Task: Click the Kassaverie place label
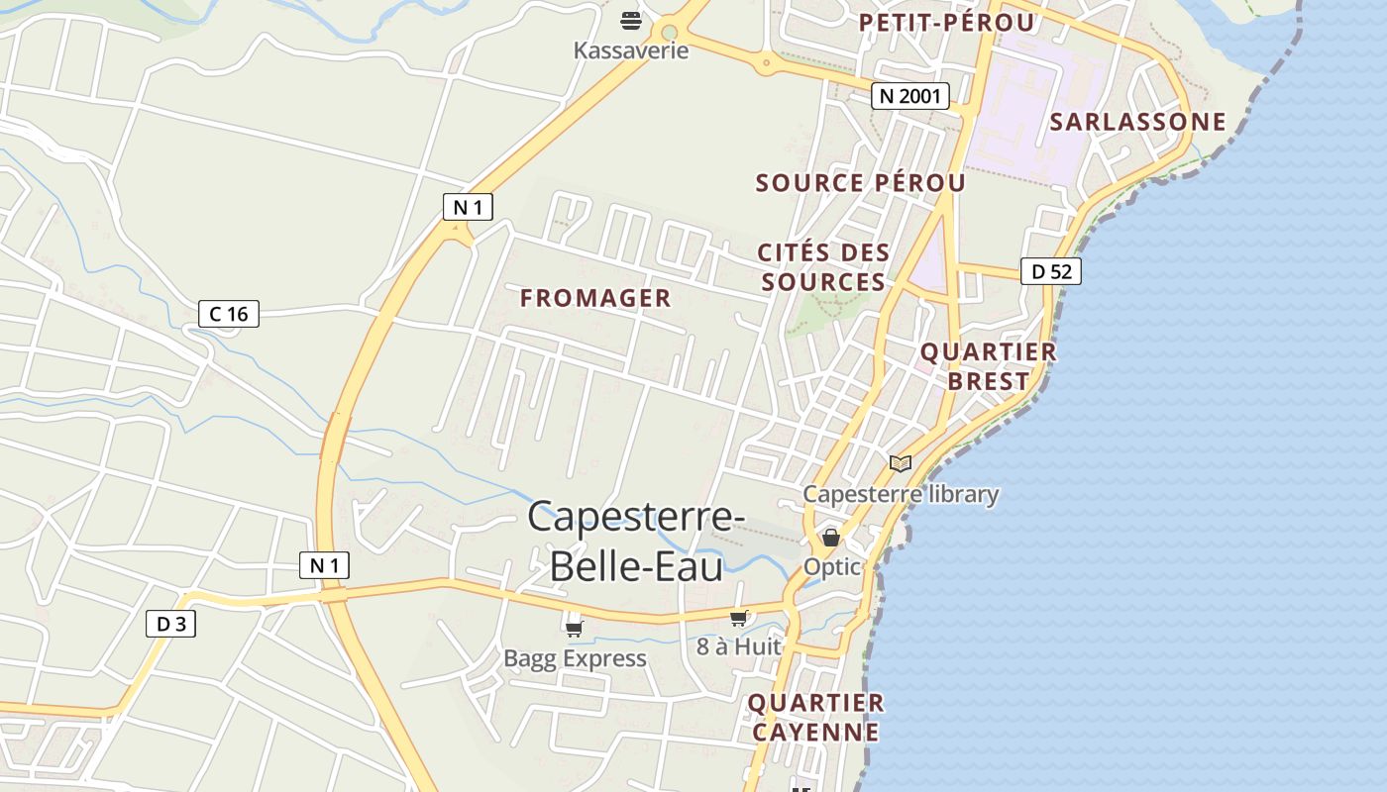click(631, 49)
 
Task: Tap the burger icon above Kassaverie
click(631, 20)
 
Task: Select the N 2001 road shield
click(910, 96)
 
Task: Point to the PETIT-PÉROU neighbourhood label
click(946, 23)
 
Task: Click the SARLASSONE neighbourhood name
click(1137, 122)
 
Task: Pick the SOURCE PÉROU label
click(860, 183)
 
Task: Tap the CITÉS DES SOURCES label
click(823, 267)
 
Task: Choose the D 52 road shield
click(1050, 271)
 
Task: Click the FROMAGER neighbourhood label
click(595, 298)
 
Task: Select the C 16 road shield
click(229, 314)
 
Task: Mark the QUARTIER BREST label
click(988, 366)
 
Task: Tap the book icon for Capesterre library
click(900, 463)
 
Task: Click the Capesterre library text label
click(901, 494)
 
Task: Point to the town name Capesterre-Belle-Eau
click(636, 542)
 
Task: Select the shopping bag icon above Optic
click(831, 538)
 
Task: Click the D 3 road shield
click(170, 624)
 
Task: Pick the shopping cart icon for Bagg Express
click(575, 628)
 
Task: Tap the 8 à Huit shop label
click(739, 646)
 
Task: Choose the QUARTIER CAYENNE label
click(815, 718)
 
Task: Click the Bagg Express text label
click(575, 658)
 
